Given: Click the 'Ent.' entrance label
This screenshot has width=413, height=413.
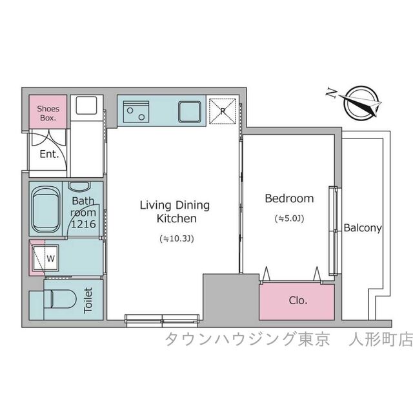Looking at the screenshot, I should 49,155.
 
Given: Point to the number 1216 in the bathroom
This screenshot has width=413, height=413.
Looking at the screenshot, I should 83,224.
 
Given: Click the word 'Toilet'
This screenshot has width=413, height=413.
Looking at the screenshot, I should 88,300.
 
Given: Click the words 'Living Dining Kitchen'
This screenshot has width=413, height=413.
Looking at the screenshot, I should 175,212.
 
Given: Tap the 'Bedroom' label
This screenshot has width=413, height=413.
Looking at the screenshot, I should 289,198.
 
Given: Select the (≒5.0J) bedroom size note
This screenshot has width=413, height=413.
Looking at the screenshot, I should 290,218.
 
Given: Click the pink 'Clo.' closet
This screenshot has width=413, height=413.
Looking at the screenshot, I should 297,300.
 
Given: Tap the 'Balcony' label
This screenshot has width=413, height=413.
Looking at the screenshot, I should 363,228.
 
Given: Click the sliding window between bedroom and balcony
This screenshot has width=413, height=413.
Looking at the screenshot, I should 333,230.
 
